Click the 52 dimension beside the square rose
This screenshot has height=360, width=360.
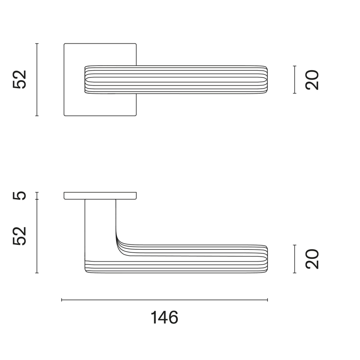pos(20,80)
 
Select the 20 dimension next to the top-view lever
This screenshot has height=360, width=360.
pos(311,80)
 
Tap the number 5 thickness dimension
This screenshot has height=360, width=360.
pos(20,195)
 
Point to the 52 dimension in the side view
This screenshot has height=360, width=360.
pos(20,236)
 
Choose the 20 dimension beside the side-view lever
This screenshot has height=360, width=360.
pos(311,259)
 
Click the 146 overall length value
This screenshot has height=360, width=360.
pos(164,318)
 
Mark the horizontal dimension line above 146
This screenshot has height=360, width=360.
pos(164,300)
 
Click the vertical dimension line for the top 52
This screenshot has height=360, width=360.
pos(37,80)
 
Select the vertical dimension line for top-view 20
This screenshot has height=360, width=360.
pos(294,80)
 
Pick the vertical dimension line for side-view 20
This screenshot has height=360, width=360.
pos(294,259)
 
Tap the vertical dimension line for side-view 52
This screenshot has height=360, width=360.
pos(37,236)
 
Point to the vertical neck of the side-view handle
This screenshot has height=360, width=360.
pos(100,225)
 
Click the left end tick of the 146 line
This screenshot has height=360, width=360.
pos(62,300)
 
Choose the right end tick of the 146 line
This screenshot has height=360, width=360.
pos(267,300)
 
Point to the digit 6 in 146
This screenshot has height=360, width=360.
pos(173,318)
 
